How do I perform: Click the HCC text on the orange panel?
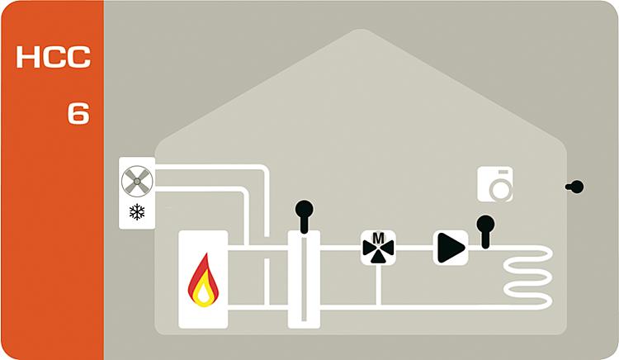[x=54, y=57]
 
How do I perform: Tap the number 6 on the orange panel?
[x=78, y=113]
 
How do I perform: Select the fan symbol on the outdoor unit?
[x=137, y=181]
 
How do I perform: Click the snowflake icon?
[x=137, y=212]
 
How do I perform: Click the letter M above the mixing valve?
[x=378, y=238]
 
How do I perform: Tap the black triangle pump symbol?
[x=451, y=248]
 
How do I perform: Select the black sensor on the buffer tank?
[x=304, y=216]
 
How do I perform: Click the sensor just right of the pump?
[x=485, y=232]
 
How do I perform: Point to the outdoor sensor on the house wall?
[x=574, y=187]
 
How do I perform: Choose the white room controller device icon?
[x=495, y=184]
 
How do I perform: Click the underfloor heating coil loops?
[x=528, y=277]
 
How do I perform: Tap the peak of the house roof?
[x=360, y=30]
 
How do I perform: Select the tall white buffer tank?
[x=304, y=279]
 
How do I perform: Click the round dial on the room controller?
[x=501, y=189]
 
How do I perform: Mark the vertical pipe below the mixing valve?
[x=378, y=284]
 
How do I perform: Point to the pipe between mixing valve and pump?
[x=414, y=248]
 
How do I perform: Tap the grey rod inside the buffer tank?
[x=304, y=277]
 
